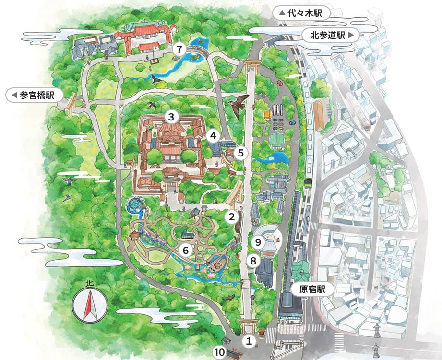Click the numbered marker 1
coord(249,341)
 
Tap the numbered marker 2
coord(232,216)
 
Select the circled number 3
coord(171,116)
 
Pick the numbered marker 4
coord(213,136)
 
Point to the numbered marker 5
coord(241,153)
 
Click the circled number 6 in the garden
coord(186,250)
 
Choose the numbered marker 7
coord(179,49)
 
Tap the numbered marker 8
coord(253,261)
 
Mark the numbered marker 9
coord(258,242)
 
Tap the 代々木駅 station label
coord(303,13)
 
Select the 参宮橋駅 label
coord(35,95)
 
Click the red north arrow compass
coord(90,304)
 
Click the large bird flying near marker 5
coord(239,104)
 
